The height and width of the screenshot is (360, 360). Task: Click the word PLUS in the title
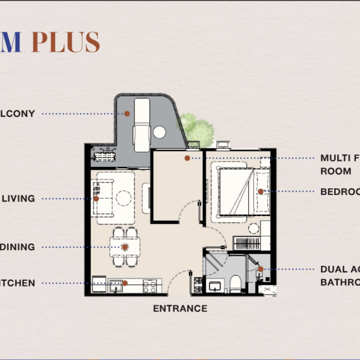coord(65,42)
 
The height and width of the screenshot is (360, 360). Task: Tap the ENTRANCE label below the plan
coord(180,308)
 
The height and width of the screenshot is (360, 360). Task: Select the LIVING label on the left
coord(19,199)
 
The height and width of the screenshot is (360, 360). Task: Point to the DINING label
coord(17,247)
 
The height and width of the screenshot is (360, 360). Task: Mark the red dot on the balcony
coord(127,113)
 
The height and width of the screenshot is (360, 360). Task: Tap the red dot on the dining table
coord(125,247)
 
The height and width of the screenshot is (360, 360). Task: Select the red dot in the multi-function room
coord(187,158)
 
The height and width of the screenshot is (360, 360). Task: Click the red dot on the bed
coord(260,192)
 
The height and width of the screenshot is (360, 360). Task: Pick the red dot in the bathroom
coord(260,270)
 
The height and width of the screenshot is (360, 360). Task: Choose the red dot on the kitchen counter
coord(125,283)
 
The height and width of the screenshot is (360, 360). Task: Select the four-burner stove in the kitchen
coord(150,287)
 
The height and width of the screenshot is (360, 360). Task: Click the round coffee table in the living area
coord(124,197)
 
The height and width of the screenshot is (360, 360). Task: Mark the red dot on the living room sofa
coord(96,199)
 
